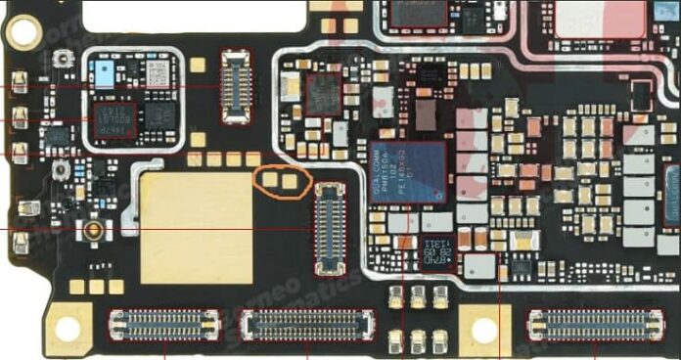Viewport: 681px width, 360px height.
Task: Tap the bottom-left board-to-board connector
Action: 163,324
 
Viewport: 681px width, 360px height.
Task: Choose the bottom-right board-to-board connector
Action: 594,324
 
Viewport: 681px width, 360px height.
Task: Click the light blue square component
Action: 103,70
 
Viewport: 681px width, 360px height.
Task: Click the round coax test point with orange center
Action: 94,232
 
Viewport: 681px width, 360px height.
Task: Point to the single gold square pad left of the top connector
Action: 198,66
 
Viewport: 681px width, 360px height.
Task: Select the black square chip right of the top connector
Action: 322,94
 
